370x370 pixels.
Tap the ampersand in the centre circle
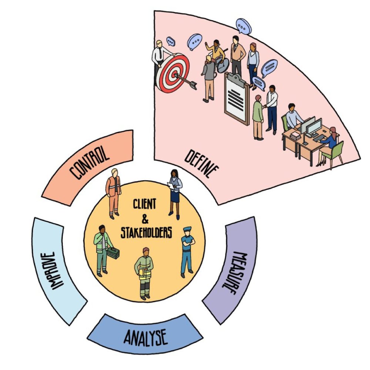(145, 219)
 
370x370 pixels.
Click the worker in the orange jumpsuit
(114, 192)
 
